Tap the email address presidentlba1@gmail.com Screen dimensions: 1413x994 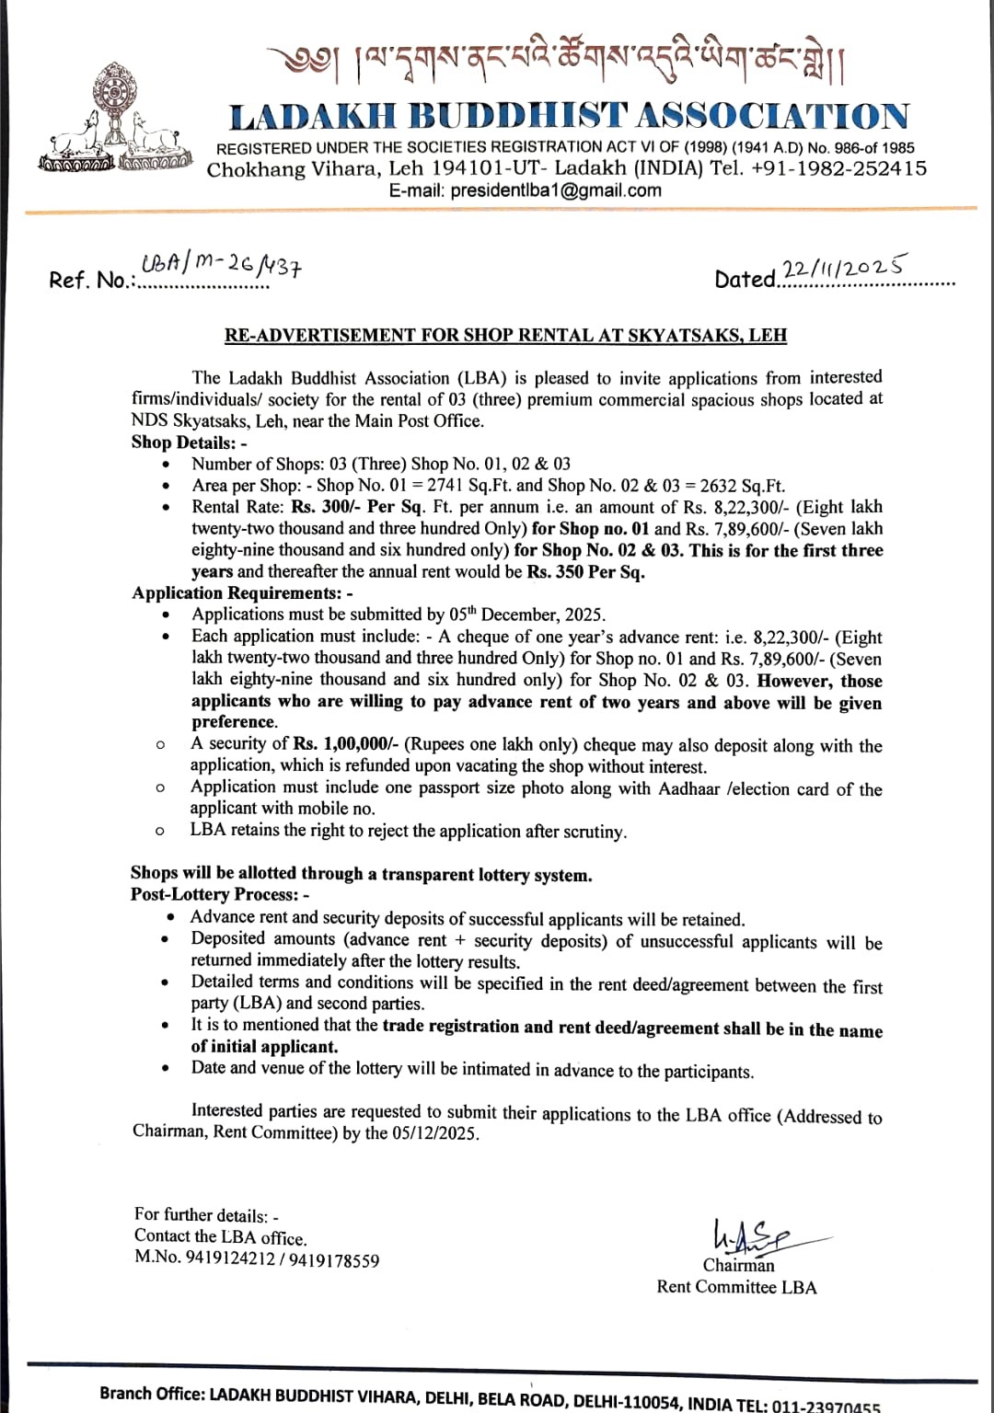coord(556,190)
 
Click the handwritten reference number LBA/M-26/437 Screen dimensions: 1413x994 coord(222,266)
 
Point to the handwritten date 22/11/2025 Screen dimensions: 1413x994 coord(843,268)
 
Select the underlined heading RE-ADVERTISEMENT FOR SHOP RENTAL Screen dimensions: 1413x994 coord(505,335)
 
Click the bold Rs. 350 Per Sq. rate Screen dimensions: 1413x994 coord(585,571)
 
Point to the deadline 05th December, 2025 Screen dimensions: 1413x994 coord(529,615)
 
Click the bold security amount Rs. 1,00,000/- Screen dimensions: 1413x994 coord(345,744)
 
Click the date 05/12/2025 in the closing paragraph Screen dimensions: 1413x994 coord(434,1132)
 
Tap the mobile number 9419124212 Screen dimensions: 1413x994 coord(230,1259)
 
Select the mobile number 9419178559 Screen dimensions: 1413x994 coord(334,1260)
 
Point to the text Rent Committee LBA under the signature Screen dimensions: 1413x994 coord(736,1287)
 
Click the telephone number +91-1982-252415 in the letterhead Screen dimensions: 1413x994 coord(839,168)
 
